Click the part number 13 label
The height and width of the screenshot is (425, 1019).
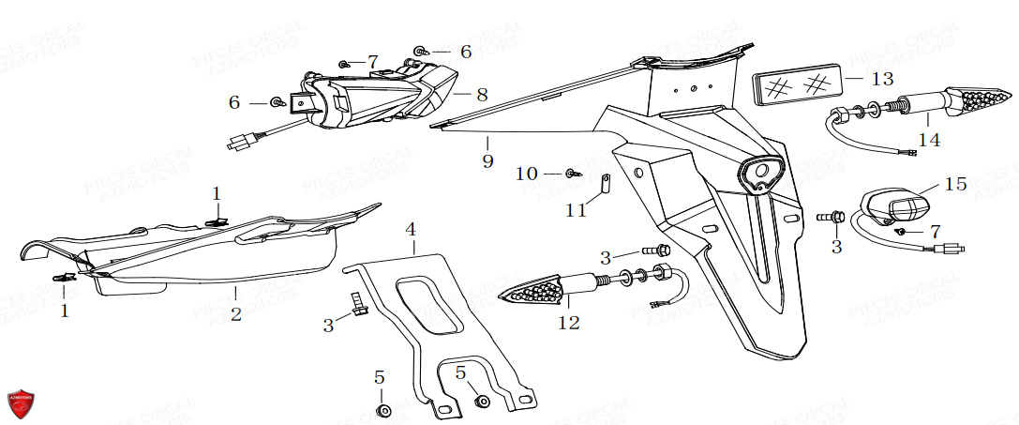coord(882,78)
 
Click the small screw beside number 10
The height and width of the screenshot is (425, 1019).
coord(572,174)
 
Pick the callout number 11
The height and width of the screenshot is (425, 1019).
coord(577,209)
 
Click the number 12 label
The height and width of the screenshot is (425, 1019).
coord(568,324)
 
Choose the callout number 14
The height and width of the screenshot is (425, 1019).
coord(928,140)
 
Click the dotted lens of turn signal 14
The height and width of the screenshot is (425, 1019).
coord(979,99)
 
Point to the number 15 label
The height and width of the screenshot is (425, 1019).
coord(955,185)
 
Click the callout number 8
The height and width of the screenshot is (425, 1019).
coord(482,95)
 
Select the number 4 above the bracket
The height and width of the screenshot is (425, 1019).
coord(411,229)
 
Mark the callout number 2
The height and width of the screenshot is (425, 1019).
coord(236,314)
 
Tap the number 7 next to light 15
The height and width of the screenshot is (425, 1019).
coord(935,230)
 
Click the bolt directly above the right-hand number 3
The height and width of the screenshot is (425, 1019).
coord(830,218)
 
